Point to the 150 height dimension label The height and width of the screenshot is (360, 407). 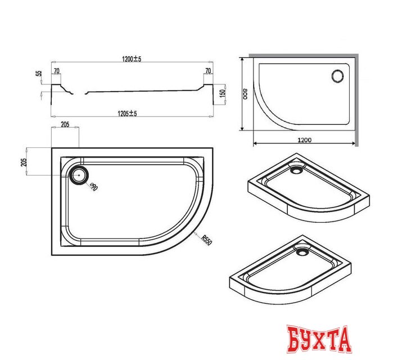[x=223, y=93]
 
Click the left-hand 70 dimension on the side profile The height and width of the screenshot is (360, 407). [x=57, y=71]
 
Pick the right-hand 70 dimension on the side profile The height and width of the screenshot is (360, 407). [x=208, y=71]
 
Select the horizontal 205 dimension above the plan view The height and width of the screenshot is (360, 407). [x=65, y=125]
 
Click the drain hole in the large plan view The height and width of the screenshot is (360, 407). [x=79, y=174]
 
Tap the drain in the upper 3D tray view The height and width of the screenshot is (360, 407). [x=296, y=166]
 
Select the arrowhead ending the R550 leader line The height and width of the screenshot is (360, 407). [x=194, y=232]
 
